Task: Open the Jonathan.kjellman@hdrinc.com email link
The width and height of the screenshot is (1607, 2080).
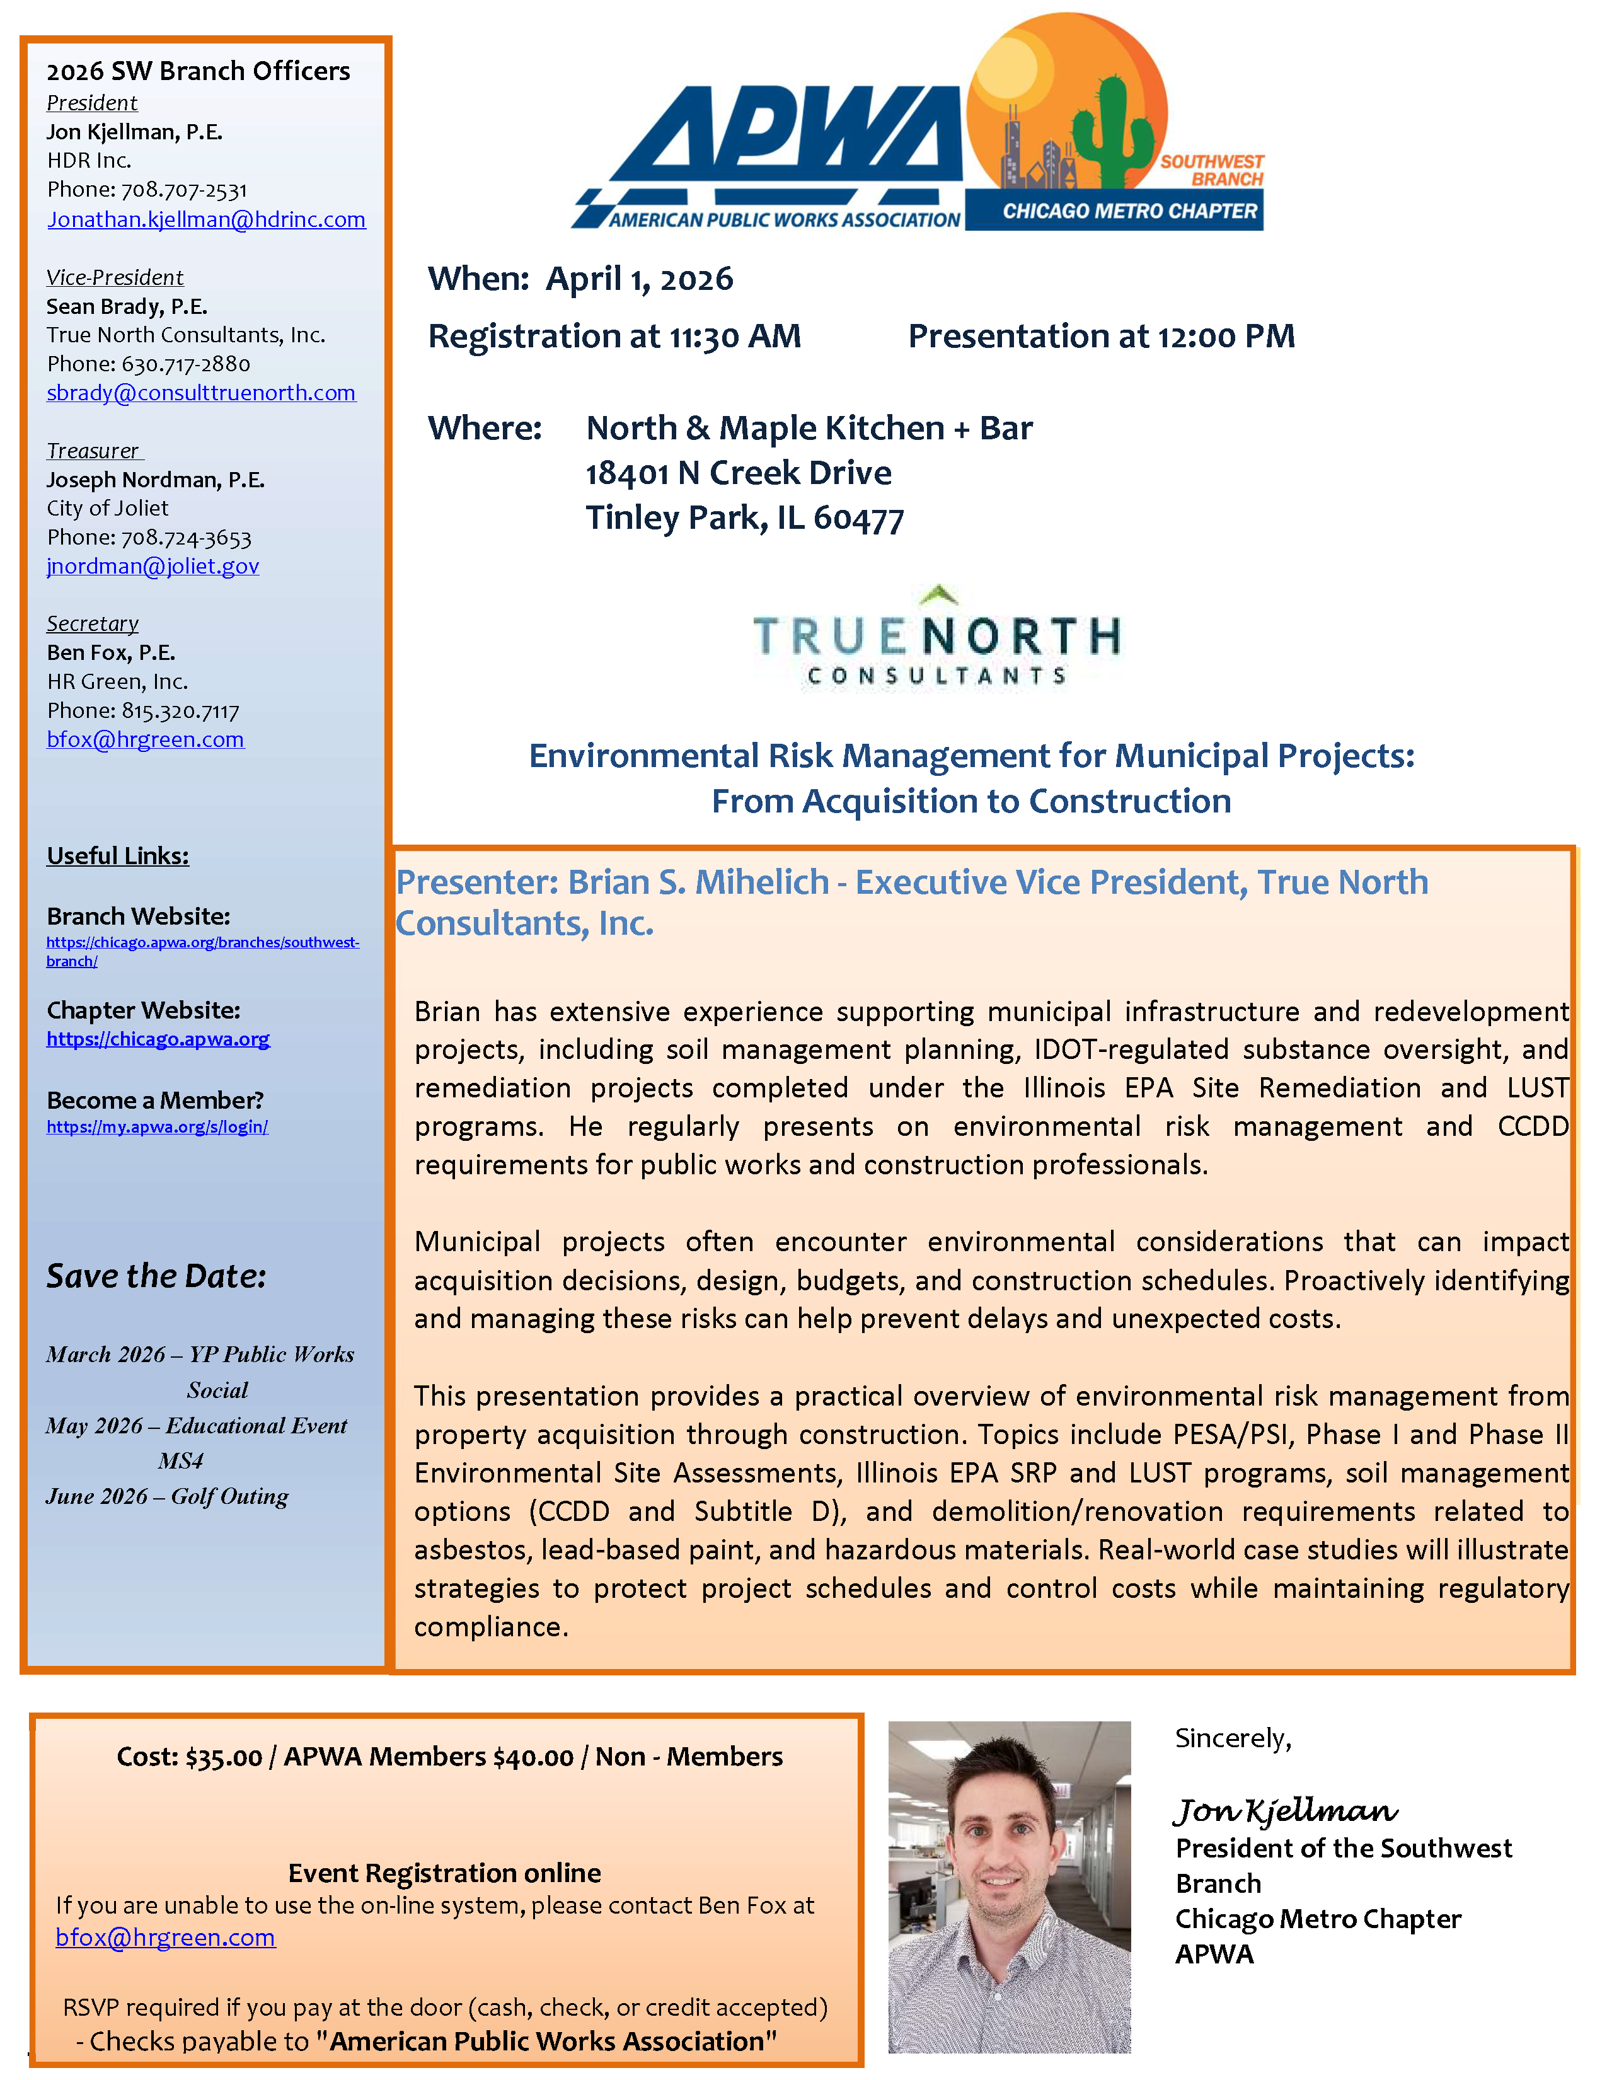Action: coord(205,220)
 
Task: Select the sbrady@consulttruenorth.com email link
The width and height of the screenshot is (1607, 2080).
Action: coord(201,393)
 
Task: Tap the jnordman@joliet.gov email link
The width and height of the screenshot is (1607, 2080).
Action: coord(153,567)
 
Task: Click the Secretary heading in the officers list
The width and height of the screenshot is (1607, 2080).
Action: coord(93,624)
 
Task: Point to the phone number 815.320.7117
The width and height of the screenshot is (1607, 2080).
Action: coord(180,712)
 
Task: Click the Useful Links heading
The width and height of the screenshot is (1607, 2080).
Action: coord(117,856)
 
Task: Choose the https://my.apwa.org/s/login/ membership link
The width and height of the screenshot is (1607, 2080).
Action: coord(157,1128)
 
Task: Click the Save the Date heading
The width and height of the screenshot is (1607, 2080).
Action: coord(156,1276)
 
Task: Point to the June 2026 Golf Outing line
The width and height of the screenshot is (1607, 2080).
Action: coord(166,1497)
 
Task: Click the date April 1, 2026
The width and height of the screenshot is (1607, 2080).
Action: coord(639,279)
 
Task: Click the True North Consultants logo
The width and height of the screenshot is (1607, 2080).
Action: coord(936,637)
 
